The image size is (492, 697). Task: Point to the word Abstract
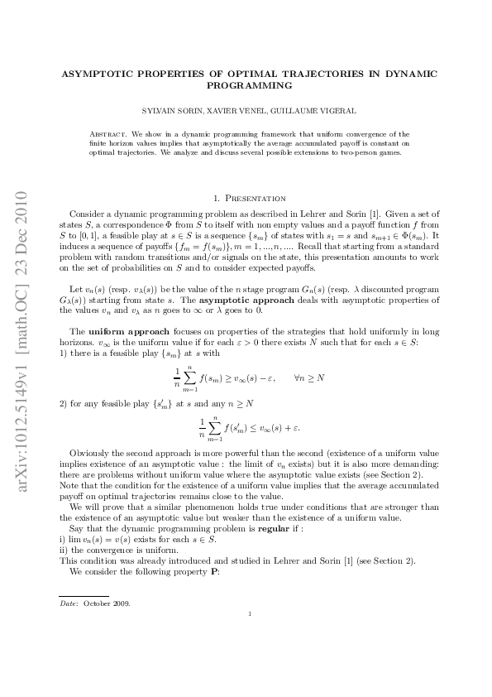[106, 132]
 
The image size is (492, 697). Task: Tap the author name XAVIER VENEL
[244, 110]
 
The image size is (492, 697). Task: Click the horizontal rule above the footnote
[84, 595]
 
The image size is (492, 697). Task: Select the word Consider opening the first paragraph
[88, 213]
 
